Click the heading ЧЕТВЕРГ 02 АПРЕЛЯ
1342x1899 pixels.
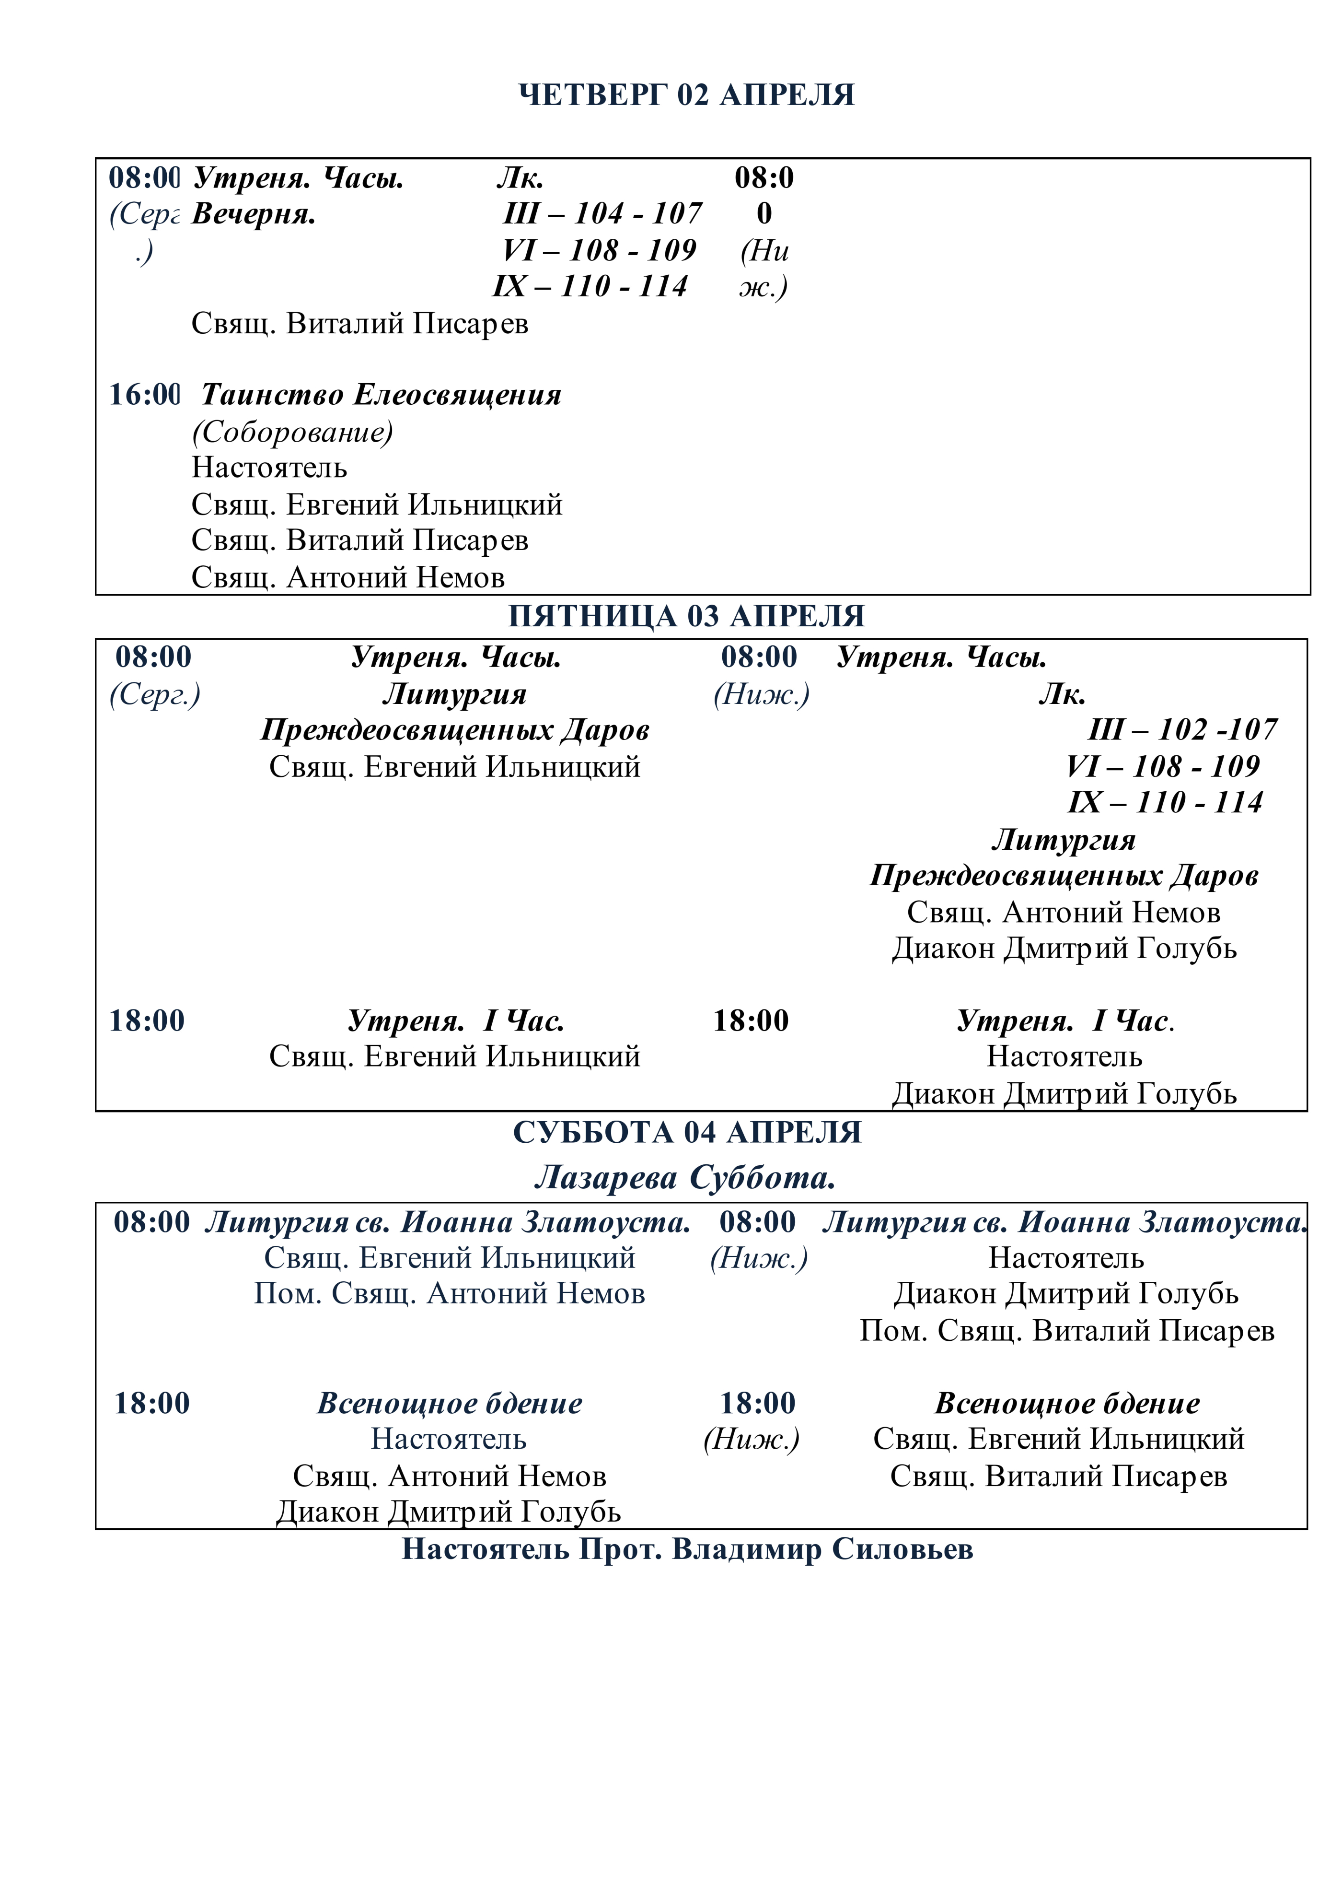686,95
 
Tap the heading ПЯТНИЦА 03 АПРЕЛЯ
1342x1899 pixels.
686,616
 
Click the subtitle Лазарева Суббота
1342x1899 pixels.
684,1177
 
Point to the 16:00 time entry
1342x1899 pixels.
145,395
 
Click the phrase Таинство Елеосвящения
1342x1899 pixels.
381,395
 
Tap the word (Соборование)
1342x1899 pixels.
292,431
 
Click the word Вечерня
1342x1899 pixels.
254,214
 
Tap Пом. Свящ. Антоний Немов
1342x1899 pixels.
449,1293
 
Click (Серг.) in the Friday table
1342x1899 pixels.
155,694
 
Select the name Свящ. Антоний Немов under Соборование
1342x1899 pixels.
348,576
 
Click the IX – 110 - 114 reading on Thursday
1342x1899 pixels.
590,286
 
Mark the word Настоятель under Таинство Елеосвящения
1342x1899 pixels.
269,467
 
